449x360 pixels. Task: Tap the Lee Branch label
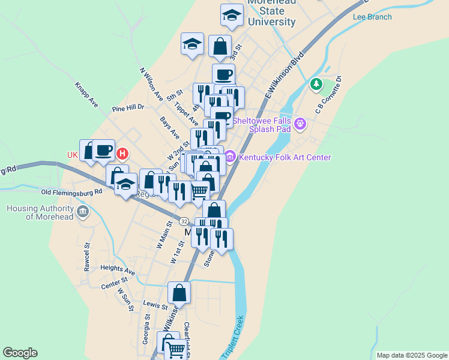(372, 17)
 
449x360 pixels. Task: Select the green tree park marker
(316, 84)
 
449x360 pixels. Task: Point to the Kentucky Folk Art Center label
(285, 158)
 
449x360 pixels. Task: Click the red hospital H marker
(122, 154)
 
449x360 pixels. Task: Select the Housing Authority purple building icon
(83, 212)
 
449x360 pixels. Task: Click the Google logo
(20, 353)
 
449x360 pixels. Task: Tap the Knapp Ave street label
(86, 95)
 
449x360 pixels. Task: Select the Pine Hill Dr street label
(128, 108)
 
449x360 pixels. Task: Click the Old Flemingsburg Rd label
(71, 192)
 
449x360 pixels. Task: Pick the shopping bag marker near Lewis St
(179, 293)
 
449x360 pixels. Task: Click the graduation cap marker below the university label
(232, 15)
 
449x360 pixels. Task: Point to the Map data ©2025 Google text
(412, 355)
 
